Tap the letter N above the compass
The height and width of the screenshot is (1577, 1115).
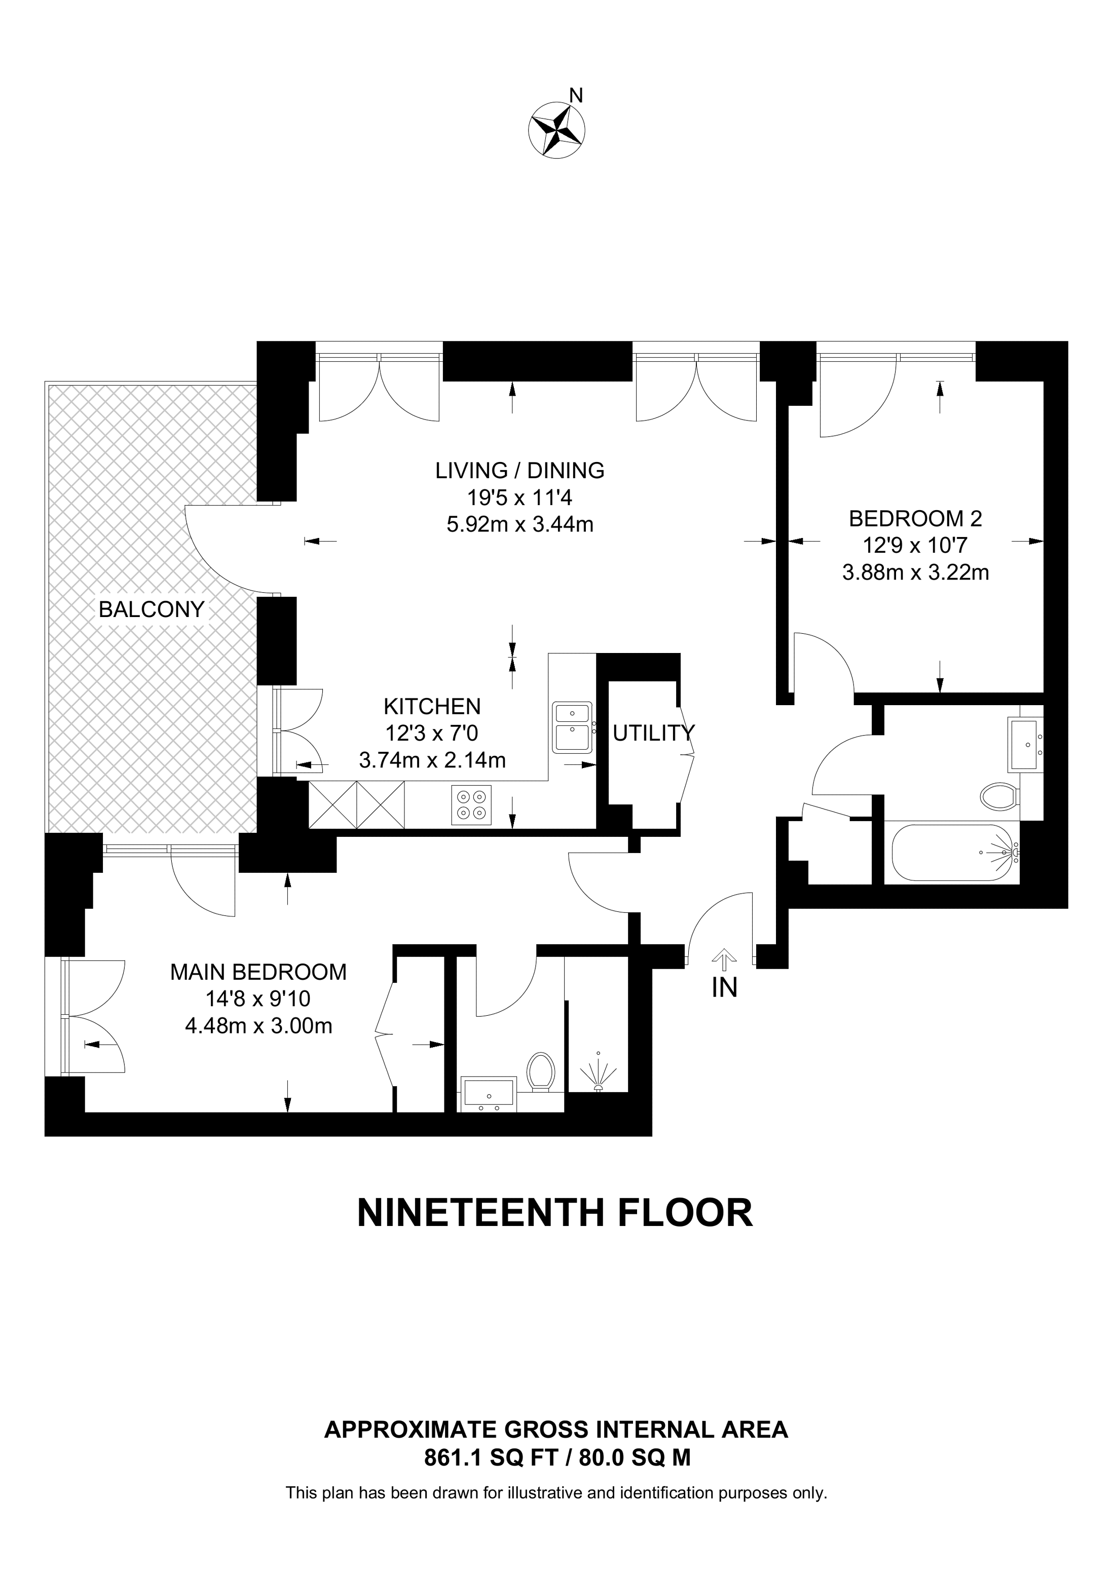[576, 95]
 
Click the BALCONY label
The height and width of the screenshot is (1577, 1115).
[152, 609]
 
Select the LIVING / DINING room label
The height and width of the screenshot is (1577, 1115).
[520, 471]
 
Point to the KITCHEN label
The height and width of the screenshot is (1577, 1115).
[432, 706]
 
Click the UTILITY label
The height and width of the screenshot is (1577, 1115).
[653, 734]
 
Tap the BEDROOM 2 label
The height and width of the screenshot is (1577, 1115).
[916, 519]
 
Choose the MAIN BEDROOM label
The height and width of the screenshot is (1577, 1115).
[258, 972]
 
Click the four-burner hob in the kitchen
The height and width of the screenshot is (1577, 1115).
[472, 805]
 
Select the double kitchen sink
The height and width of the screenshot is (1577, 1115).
[572, 726]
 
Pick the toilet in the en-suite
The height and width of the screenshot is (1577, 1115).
[541, 1072]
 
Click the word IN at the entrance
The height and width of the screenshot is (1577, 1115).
[725, 988]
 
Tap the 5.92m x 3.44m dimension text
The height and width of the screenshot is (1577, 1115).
[520, 525]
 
